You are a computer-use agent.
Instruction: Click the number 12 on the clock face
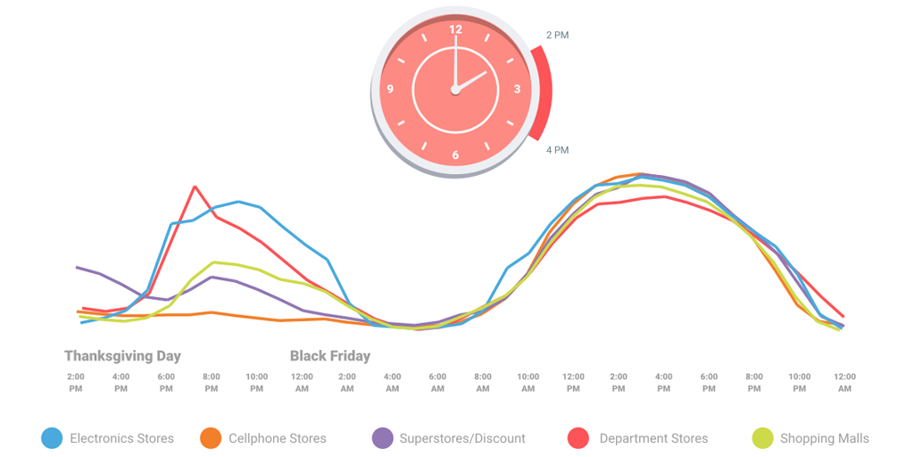[x=455, y=29]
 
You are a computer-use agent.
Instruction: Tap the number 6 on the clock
[x=455, y=155]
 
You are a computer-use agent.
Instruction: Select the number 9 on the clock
[x=390, y=89]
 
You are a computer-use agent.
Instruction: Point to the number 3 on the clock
[x=518, y=89]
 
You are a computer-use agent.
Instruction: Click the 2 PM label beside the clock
[x=557, y=36]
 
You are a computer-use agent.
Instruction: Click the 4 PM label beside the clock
[x=557, y=150]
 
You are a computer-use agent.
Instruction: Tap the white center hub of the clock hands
[x=455, y=89]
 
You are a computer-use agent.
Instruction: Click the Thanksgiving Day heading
[x=122, y=356]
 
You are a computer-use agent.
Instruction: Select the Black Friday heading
[x=330, y=356]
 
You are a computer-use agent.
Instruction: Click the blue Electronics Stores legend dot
[x=53, y=438]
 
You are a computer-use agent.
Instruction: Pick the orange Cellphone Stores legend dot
[x=211, y=438]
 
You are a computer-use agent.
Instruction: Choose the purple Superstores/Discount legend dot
[x=382, y=438]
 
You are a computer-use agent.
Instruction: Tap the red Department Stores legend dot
[x=578, y=438]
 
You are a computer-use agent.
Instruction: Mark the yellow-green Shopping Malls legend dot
[x=762, y=438]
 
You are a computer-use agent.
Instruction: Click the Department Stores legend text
[x=653, y=438]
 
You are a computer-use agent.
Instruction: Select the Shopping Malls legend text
[x=824, y=438]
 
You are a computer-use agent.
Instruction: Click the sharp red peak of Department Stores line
[x=195, y=187]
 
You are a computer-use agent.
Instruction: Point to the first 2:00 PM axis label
[x=76, y=382]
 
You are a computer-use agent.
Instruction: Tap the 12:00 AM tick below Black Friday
[x=302, y=382]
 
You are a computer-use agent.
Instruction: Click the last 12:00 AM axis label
[x=843, y=382]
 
